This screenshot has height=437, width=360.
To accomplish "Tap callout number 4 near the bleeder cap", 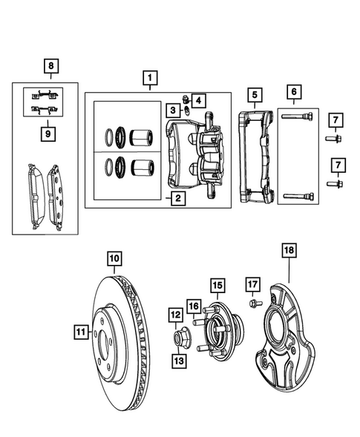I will coord(198,99).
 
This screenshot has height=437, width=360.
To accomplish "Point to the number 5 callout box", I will coord(254,95).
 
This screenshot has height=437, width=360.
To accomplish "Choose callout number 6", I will coord(295,92).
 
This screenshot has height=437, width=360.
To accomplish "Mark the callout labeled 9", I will coord(50,134).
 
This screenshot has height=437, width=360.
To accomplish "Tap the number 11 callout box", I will coord(80,332).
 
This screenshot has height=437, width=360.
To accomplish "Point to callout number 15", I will coord(217,285).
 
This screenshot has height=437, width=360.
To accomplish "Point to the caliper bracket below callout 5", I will coord(257,156).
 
